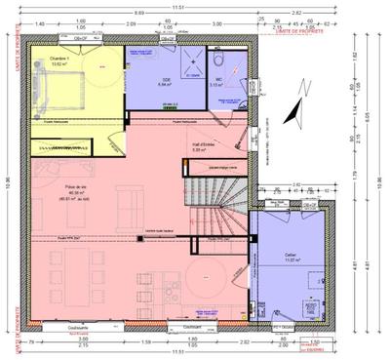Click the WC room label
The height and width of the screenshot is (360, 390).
click(x=217, y=83)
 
